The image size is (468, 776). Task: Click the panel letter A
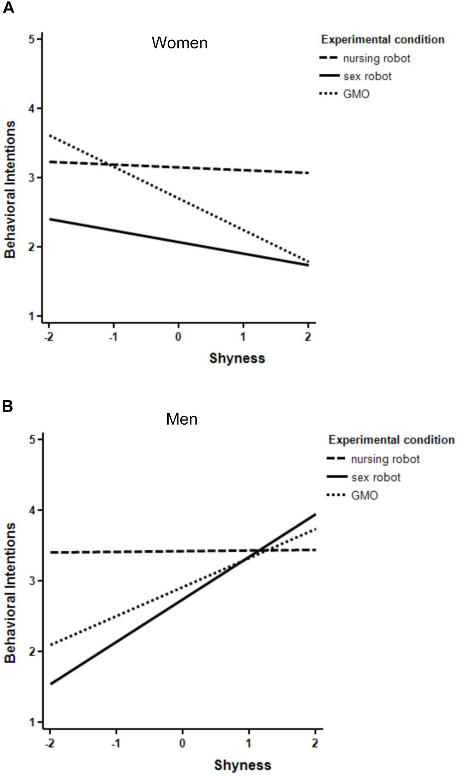click(8, 7)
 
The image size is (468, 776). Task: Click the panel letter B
click(7, 406)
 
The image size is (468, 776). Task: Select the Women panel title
click(179, 43)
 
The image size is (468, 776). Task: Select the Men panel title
click(182, 419)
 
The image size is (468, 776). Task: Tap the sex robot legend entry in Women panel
click(367, 76)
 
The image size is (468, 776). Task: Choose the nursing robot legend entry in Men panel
click(385, 459)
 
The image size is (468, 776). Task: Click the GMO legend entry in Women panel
click(356, 94)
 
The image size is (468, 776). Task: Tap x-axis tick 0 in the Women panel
click(178, 337)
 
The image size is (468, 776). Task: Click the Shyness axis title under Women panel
click(237, 358)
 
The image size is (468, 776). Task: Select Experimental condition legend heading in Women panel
click(382, 40)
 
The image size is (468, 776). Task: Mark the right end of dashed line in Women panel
click(308, 173)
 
